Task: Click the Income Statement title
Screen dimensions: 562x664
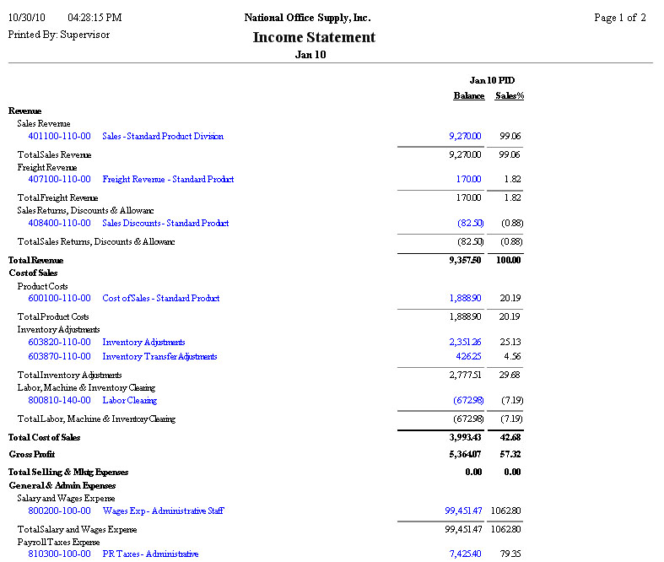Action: pyautogui.click(x=314, y=37)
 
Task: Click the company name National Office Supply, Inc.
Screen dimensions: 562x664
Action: pyautogui.click(x=307, y=18)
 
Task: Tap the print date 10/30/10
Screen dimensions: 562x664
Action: pyautogui.click(x=26, y=18)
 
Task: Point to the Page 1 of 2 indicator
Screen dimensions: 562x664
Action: pyautogui.click(x=620, y=18)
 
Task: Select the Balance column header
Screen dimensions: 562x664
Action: pyautogui.click(x=468, y=96)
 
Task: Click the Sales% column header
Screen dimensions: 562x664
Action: pyautogui.click(x=510, y=96)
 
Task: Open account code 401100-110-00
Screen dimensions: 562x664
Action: pyautogui.click(x=59, y=136)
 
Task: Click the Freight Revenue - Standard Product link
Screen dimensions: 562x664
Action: pyautogui.click(x=168, y=179)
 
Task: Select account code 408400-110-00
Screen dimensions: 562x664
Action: pyautogui.click(x=59, y=223)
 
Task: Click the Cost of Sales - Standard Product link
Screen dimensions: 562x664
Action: pyautogui.click(x=160, y=298)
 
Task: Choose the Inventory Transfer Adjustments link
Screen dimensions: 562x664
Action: pyautogui.click(x=159, y=356)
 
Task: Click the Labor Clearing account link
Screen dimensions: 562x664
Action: pyautogui.click(x=129, y=400)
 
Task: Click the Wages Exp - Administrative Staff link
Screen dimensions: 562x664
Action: pyautogui.click(x=163, y=511)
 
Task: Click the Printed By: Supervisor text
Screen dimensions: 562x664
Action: pyautogui.click(x=58, y=35)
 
